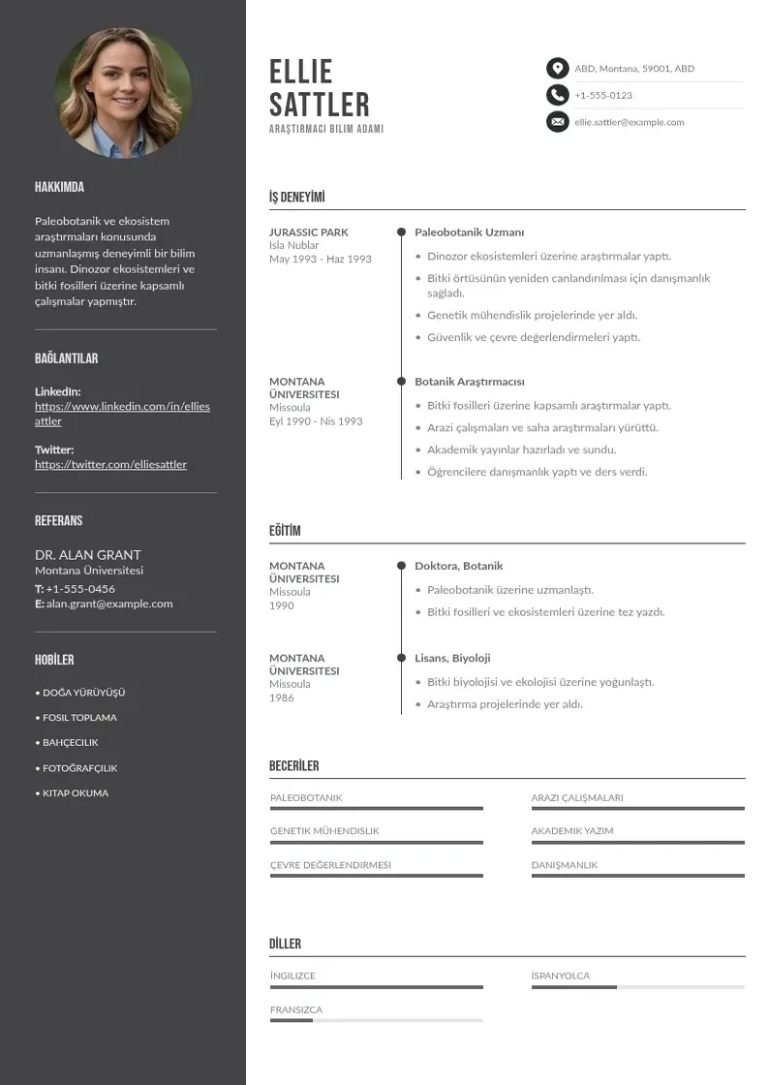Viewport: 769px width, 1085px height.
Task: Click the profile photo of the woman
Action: tap(123, 93)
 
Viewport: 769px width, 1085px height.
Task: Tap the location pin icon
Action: tap(557, 68)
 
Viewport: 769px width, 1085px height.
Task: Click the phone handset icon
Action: tap(557, 95)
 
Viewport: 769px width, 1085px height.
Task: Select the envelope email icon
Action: tap(557, 122)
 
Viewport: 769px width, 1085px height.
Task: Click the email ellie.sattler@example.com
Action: tap(629, 122)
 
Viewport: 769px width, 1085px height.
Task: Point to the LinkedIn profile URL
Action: tap(122, 414)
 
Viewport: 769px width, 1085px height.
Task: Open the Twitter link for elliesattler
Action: tap(110, 464)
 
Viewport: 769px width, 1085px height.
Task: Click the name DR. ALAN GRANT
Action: tap(88, 555)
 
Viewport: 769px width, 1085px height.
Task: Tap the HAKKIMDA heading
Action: tap(59, 187)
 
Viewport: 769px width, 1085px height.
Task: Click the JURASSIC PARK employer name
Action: tap(308, 232)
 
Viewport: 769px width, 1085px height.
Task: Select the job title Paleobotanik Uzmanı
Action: tap(469, 232)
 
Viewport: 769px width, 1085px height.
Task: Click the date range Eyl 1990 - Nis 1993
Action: tap(316, 421)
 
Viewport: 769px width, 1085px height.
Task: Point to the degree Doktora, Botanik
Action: tap(458, 566)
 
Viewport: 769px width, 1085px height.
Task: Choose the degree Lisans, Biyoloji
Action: tap(452, 658)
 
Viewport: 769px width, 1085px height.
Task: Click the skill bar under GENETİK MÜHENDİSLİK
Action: tap(376, 843)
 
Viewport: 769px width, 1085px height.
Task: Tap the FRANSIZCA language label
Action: tap(296, 1009)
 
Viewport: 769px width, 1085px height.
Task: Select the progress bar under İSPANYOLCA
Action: tap(637, 987)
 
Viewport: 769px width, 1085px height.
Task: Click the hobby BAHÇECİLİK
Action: tap(70, 742)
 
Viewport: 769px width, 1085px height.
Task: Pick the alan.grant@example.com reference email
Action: tap(109, 604)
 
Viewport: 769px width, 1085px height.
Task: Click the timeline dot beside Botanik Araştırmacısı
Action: tap(401, 382)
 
